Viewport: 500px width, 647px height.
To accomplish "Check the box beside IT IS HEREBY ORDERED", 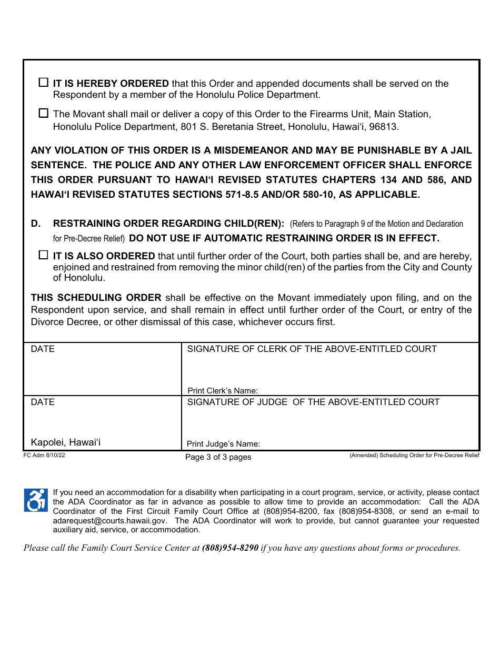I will point(44,83).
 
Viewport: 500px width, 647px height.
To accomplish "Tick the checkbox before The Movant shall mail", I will point(44,113).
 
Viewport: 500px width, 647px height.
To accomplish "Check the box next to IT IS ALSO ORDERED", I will point(44,256).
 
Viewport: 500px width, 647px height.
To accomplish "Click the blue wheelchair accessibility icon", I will point(36,500).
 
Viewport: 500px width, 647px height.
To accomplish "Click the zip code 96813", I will point(386,127).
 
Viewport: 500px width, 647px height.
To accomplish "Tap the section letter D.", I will point(35,224).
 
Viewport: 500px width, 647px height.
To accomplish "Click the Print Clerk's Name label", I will point(223,391).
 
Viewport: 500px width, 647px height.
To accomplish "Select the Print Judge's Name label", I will point(223,444).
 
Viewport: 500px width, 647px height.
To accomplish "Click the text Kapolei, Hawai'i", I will point(65,442).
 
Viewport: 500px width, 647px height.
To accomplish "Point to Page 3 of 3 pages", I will point(218,457).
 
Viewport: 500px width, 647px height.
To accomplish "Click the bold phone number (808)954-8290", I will point(230,548).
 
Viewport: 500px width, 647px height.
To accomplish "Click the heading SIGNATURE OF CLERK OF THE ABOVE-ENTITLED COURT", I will point(312,349).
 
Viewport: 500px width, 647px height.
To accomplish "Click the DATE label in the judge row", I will point(43,402).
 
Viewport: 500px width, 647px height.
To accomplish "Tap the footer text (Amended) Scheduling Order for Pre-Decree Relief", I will point(414,456).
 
